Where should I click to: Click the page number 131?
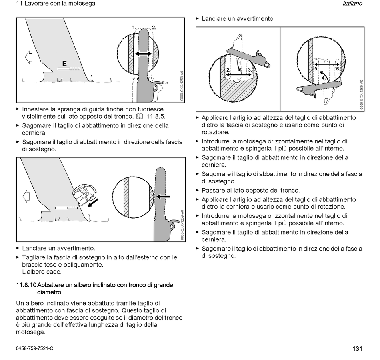tap(357, 348)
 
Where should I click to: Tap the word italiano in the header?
tap(352, 4)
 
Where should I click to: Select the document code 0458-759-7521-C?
tap(34, 348)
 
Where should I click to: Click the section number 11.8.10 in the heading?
tap(26, 285)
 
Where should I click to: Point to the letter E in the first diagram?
tap(64, 63)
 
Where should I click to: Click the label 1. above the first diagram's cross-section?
tap(134, 27)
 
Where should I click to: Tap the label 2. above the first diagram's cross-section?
tap(154, 27)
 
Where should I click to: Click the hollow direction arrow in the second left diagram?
tap(27, 196)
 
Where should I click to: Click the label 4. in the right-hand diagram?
tap(323, 78)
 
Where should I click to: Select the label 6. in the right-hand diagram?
tap(338, 69)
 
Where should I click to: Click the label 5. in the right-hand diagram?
tap(316, 69)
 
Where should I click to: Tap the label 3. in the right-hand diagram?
tap(250, 70)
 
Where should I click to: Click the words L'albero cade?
tap(42, 272)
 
